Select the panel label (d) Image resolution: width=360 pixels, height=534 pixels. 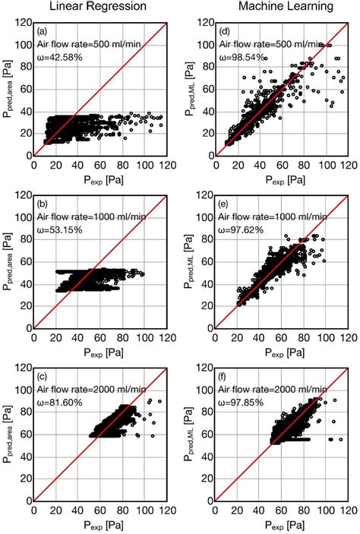tap(225, 33)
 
